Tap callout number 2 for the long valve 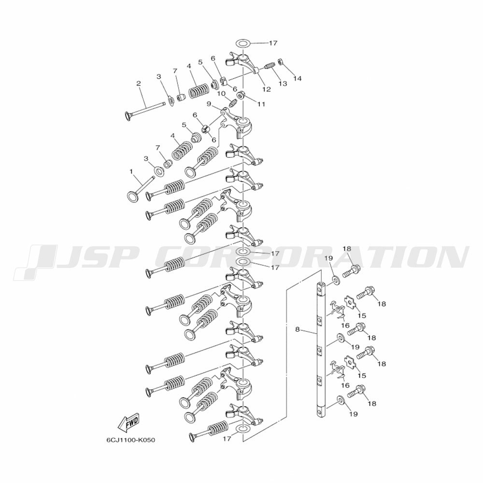tap(139, 83)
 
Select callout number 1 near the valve tap(131, 171)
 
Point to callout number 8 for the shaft tap(297, 329)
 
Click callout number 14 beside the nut tap(297, 79)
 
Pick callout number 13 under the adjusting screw tap(283, 84)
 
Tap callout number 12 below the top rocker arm tap(267, 89)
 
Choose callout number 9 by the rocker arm tap(209, 104)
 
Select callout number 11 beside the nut tap(261, 104)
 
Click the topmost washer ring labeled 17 tap(243, 43)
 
